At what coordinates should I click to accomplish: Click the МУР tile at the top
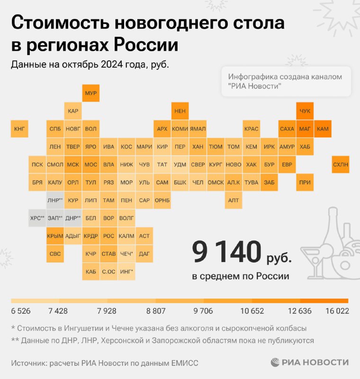point(91,93)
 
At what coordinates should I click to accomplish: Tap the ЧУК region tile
point(305,111)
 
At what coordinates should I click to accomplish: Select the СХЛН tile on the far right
point(340,164)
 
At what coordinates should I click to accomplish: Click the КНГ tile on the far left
point(19,128)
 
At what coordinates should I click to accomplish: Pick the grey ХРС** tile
point(37,218)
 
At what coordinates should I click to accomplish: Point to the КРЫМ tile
point(55,236)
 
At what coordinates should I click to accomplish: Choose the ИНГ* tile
point(126,271)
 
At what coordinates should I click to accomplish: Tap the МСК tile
point(73,164)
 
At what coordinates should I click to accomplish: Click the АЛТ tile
point(234,200)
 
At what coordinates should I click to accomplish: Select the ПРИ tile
point(305,182)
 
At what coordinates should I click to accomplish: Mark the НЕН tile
point(180,111)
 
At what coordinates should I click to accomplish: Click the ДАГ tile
point(144,254)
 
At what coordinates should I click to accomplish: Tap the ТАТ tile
point(162,164)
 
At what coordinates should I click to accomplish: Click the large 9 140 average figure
point(226,253)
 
